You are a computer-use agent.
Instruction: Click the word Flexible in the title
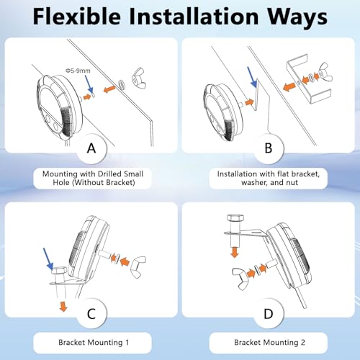pos(77,17)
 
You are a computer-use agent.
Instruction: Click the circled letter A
pos(91,148)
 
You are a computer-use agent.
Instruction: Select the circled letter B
pos(269,148)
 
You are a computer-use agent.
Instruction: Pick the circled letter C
pos(91,314)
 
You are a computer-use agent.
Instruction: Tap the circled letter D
pos(269,314)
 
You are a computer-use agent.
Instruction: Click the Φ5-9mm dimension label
pos(78,71)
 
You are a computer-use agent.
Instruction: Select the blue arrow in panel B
pos(252,77)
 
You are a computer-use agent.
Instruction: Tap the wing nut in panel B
pos(325,72)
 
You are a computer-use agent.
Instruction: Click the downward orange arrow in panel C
pos(63,307)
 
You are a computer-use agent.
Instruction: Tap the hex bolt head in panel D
pos(235,218)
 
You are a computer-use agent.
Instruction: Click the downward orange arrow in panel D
pos(235,253)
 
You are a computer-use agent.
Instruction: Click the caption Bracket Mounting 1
pos(94,342)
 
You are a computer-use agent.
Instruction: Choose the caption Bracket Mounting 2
pos(269,342)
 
